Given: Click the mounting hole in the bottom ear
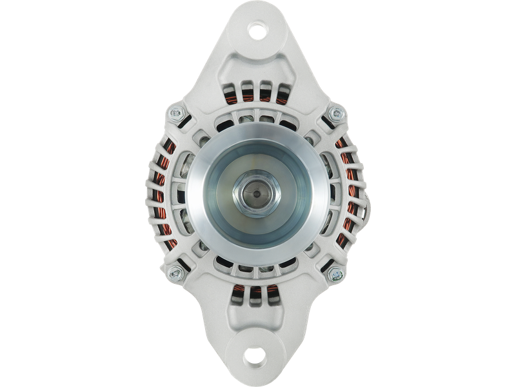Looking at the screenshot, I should [257, 357].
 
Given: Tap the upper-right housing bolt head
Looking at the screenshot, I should [335, 114].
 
